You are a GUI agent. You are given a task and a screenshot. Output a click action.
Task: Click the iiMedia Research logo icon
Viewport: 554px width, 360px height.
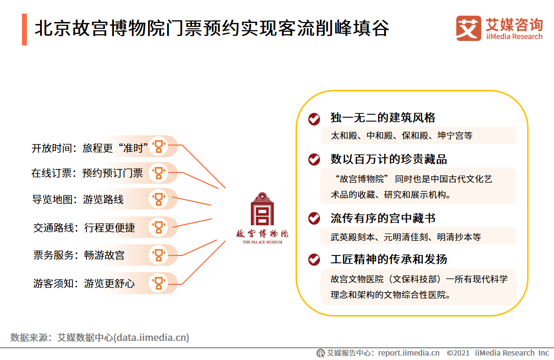pos(469,28)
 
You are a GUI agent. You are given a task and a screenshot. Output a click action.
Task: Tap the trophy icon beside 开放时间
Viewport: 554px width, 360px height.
pos(159,146)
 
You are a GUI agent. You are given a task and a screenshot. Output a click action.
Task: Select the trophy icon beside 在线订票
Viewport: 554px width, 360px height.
pos(159,173)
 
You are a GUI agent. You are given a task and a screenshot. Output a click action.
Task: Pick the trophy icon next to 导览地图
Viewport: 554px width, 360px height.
pos(159,199)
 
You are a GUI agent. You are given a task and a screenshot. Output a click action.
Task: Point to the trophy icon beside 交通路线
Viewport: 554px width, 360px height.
pos(159,227)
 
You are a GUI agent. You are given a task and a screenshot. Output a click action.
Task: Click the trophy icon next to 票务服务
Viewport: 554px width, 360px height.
pos(159,255)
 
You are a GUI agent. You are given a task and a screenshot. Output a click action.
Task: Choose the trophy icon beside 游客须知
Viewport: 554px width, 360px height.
pos(159,283)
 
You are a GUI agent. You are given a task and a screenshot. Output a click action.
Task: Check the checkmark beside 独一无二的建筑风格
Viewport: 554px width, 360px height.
pos(314,119)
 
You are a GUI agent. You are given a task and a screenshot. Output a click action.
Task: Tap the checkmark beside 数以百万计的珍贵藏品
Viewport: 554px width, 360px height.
pos(314,159)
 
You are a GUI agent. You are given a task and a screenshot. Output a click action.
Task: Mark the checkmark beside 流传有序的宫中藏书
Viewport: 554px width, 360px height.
pos(314,218)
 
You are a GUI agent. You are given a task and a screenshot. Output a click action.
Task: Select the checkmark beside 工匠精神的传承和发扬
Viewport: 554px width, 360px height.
pos(314,260)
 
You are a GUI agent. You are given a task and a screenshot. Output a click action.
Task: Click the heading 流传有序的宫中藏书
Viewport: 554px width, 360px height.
pos(383,218)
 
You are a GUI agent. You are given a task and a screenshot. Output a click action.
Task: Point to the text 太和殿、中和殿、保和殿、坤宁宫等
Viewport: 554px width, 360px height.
pos(402,136)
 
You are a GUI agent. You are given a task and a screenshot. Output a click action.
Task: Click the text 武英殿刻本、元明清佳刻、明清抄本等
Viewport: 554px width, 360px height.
pos(405,237)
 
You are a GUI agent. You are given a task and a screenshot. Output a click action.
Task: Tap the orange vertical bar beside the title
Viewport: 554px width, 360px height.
pos(24,30)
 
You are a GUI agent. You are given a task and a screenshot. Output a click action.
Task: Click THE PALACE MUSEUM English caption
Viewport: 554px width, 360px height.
pos(262,242)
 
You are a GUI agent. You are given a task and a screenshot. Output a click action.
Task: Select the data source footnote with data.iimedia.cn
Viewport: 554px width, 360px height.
pos(100,338)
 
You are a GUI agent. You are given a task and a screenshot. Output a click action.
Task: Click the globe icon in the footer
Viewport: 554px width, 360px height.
pos(320,353)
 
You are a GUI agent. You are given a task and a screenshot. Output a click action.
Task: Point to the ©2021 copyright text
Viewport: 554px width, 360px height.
pos(458,353)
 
